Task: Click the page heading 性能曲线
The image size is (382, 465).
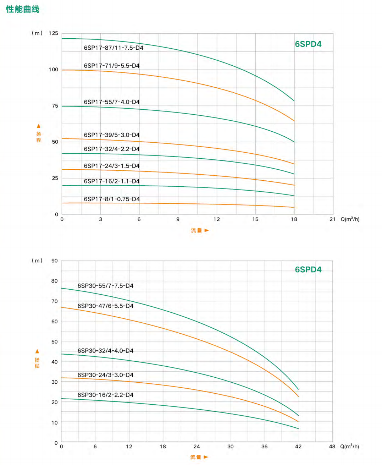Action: pyautogui.click(x=23, y=9)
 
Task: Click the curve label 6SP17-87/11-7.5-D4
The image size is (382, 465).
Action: pyautogui.click(x=114, y=48)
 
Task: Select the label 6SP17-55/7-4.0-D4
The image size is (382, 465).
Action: pyautogui.click(x=112, y=102)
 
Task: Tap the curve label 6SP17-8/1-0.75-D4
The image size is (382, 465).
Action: pyautogui.click(x=112, y=199)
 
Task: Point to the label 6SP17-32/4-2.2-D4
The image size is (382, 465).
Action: pyautogui.click(x=112, y=149)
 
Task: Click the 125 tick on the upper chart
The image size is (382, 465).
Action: pyautogui.click(x=54, y=33)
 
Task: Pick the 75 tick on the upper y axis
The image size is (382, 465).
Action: pyautogui.click(x=55, y=106)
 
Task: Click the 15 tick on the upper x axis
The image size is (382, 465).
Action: pyautogui.click(x=255, y=219)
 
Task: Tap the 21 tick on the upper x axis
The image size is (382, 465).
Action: pyautogui.click(x=332, y=219)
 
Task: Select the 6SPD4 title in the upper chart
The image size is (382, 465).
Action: pyautogui.click(x=308, y=44)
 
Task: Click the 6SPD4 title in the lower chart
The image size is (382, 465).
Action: pyautogui.click(x=308, y=269)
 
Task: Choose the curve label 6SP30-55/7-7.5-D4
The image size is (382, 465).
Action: pyautogui.click(x=105, y=286)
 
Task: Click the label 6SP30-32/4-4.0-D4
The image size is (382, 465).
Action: pyautogui.click(x=105, y=351)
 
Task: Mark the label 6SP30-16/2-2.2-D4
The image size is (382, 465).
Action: pyautogui.click(x=105, y=395)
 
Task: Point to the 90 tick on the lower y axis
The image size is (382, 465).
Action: pyautogui.click(x=55, y=261)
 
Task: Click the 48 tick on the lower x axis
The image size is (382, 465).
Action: pyautogui.click(x=332, y=447)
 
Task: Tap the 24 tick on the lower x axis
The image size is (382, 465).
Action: pyautogui.click(x=196, y=447)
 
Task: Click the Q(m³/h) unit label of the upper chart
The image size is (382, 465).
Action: pyautogui.click(x=350, y=219)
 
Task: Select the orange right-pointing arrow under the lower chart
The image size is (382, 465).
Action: pyautogui.click(x=206, y=457)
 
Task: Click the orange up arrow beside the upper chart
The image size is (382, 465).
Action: pyautogui.click(x=39, y=126)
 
